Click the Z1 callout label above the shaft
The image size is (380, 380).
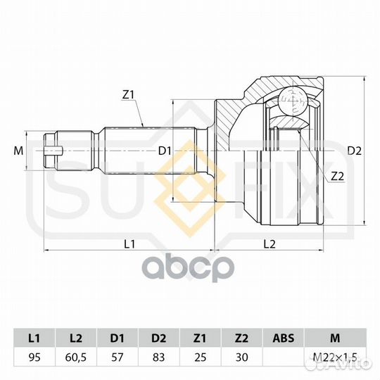[x=128, y=96]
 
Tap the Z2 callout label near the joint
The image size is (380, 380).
[x=337, y=177]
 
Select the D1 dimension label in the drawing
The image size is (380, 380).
[x=165, y=151]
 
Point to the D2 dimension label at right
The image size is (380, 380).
[x=354, y=151]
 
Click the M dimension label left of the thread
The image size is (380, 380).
[x=18, y=151]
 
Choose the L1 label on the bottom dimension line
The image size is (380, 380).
[x=129, y=244]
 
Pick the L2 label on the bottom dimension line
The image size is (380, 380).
[x=270, y=244]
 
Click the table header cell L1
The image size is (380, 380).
[x=34, y=338]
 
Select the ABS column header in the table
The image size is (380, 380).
[x=284, y=338]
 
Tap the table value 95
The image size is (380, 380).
[x=34, y=357]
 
